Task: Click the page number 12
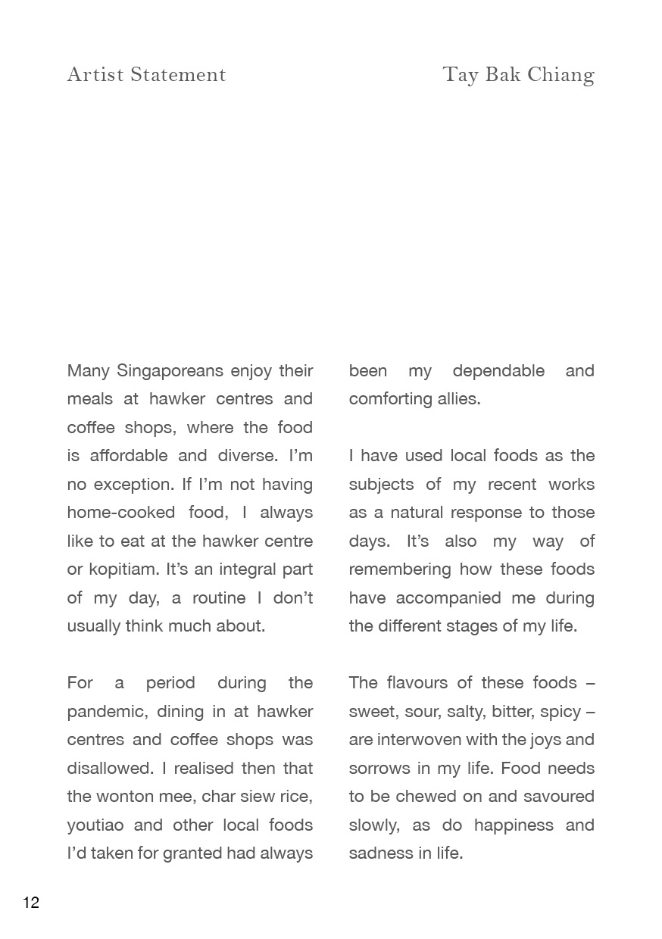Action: tap(31, 902)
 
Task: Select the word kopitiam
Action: tap(121, 569)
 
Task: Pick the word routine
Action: tap(219, 598)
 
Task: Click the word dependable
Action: tap(498, 371)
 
